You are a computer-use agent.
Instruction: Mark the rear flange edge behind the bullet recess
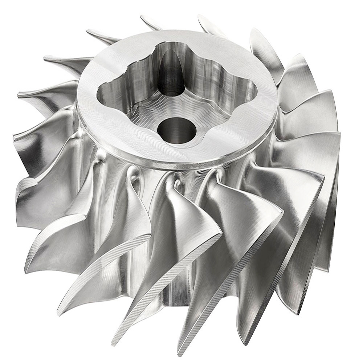(171, 32)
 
